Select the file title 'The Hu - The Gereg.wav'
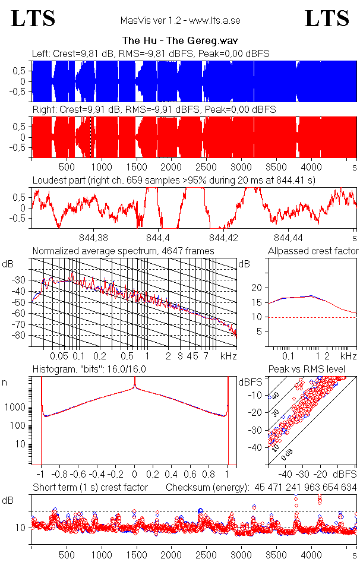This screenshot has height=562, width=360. tap(180, 41)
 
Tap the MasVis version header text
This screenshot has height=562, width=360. tap(180, 20)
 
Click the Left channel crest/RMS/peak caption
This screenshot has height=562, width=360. tap(151, 53)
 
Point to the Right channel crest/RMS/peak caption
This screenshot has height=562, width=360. tap(154, 110)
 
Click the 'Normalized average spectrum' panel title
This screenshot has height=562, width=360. tap(123, 251)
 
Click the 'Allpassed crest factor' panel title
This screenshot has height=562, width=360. tap(313, 251)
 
